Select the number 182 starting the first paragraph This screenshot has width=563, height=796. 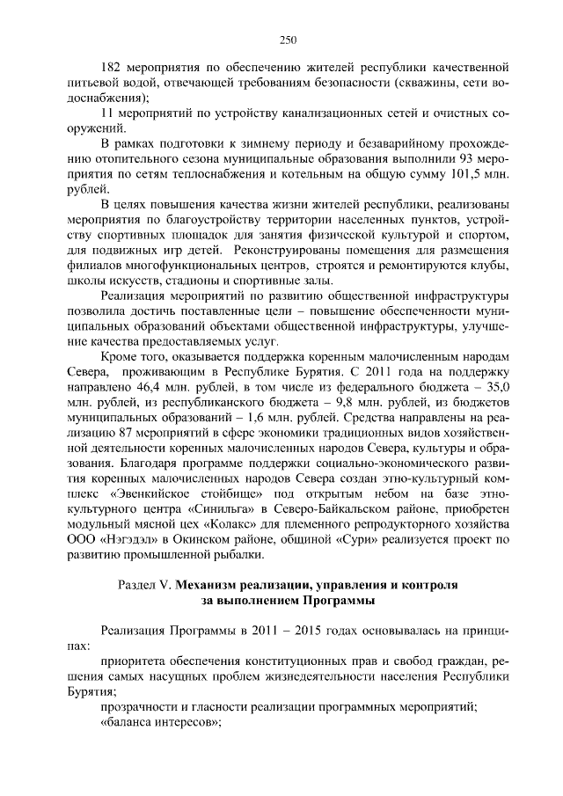(x=112, y=66)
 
